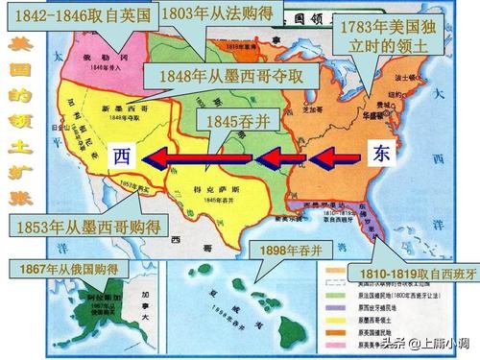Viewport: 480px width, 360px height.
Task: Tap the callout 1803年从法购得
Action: (x=216, y=14)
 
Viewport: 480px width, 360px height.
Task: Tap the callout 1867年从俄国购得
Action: (x=57, y=271)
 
